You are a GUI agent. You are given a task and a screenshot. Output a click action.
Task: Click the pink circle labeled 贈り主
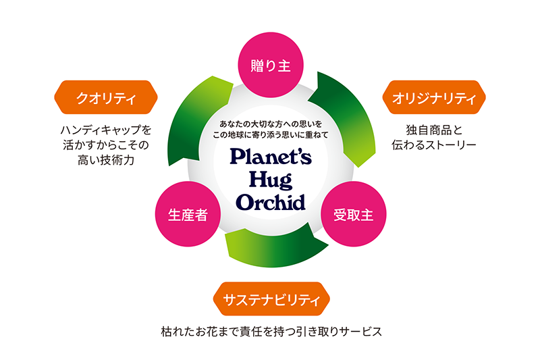[x=270, y=66]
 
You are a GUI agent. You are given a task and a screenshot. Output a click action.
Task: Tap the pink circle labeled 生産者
[x=187, y=215]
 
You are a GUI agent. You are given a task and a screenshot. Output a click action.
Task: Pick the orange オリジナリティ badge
[x=434, y=99]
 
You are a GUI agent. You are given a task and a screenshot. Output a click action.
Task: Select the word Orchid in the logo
[x=270, y=201]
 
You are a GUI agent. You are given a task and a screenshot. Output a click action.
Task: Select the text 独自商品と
[x=434, y=129]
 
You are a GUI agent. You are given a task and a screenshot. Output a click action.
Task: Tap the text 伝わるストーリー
[x=434, y=145]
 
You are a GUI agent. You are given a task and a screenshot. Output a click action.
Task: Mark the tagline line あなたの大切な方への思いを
[x=270, y=124]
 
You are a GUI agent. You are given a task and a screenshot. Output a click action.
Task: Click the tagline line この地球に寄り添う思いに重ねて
[x=270, y=135]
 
